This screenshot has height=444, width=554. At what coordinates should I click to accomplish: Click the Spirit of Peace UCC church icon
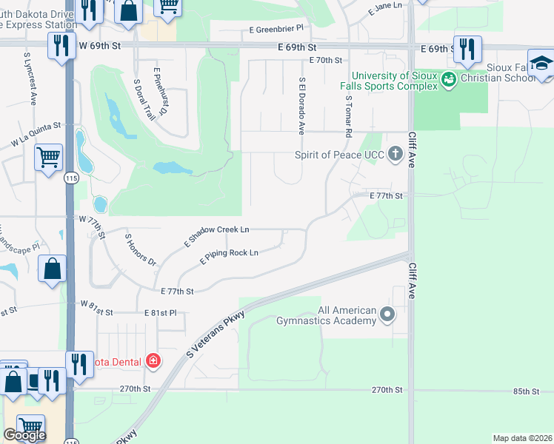(396, 155)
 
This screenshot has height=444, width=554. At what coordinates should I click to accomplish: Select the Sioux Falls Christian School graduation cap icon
(541, 62)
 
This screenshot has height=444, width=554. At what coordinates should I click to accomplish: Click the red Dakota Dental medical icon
(153, 361)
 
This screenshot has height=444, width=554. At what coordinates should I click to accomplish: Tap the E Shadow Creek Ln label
(216, 236)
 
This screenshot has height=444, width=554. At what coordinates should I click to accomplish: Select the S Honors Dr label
(141, 249)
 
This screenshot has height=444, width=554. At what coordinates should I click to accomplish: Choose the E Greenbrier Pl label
(276, 28)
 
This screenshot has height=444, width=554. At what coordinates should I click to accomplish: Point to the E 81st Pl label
(160, 313)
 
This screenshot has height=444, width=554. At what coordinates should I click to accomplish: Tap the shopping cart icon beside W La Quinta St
(48, 156)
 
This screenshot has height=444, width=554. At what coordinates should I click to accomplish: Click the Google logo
(24, 435)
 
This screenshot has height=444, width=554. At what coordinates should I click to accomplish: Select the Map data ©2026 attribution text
(522, 438)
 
